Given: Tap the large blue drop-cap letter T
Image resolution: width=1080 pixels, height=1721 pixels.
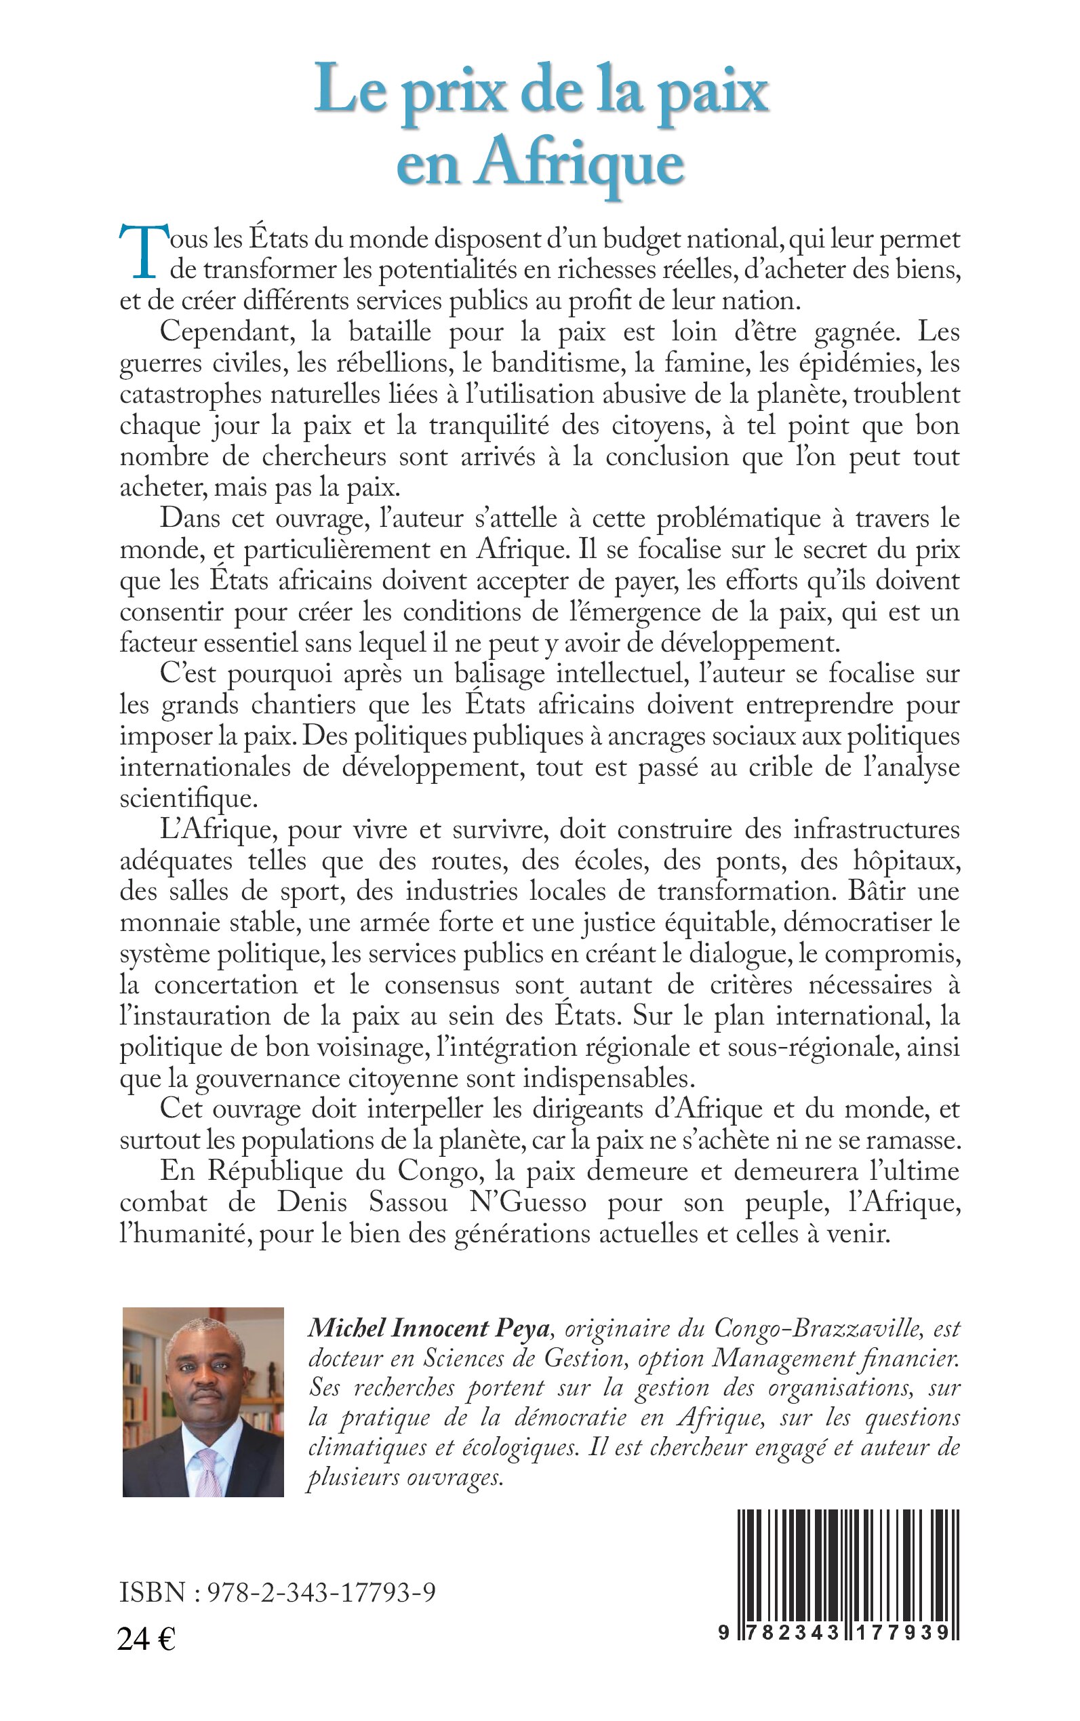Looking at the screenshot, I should click(146, 250).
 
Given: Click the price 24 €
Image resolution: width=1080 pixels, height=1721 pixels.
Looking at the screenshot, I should click(146, 1640).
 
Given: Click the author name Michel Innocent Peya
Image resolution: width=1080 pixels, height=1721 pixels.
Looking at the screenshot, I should click(428, 1329).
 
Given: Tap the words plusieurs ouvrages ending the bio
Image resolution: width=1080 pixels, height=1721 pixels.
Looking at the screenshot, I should click(405, 1478).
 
